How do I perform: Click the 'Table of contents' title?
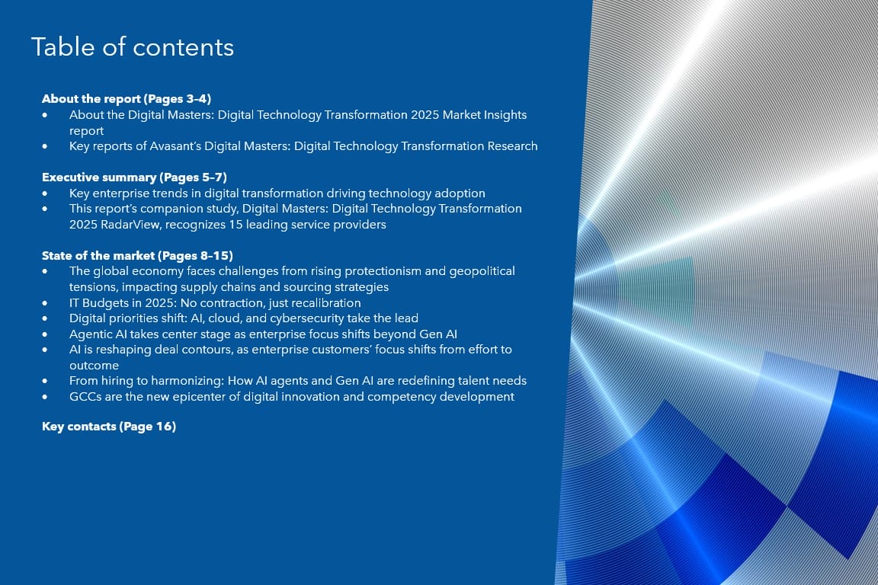coord(133,47)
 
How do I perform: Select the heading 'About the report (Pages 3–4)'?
coord(127,99)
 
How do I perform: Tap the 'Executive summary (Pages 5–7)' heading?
coord(134,177)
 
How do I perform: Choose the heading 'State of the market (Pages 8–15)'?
coord(137,256)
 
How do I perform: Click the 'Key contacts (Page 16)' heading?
coord(109,427)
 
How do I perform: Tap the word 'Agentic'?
coord(91,334)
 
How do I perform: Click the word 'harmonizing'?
coord(187,381)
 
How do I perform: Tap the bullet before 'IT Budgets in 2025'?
coord(45,303)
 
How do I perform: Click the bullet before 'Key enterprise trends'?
coord(45,193)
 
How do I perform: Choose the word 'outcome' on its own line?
coord(94,366)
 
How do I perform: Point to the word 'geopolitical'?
coord(482,271)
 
